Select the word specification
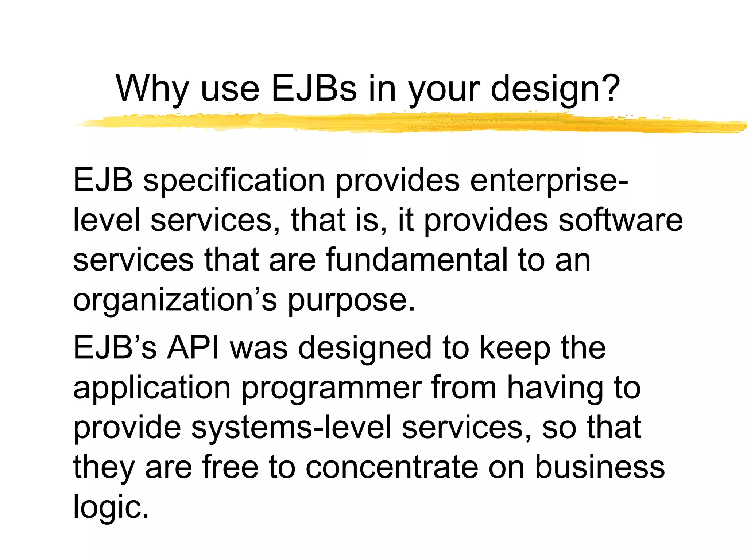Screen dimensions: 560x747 click(x=233, y=181)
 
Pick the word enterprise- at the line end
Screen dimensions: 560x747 click(x=549, y=181)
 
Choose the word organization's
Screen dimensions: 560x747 click(x=175, y=300)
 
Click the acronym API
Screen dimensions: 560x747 click(x=194, y=348)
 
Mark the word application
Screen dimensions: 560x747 click(x=152, y=388)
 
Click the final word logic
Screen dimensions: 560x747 click(x=111, y=507)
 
